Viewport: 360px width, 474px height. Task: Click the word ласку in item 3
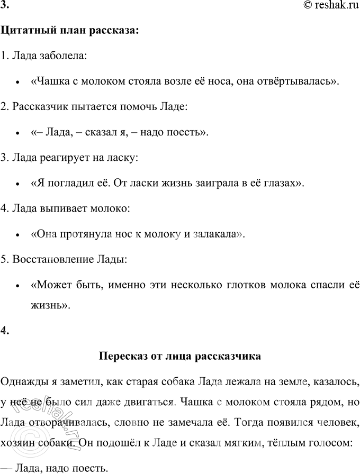pyautogui.click(x=123, y=157)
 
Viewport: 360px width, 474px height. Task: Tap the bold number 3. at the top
pyautogui.click(x=5, y=8)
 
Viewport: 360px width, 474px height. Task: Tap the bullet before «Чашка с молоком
pyautogui.click(x=18, y=81)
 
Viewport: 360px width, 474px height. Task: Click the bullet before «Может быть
pyautogui.click(x=18, y=285)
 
